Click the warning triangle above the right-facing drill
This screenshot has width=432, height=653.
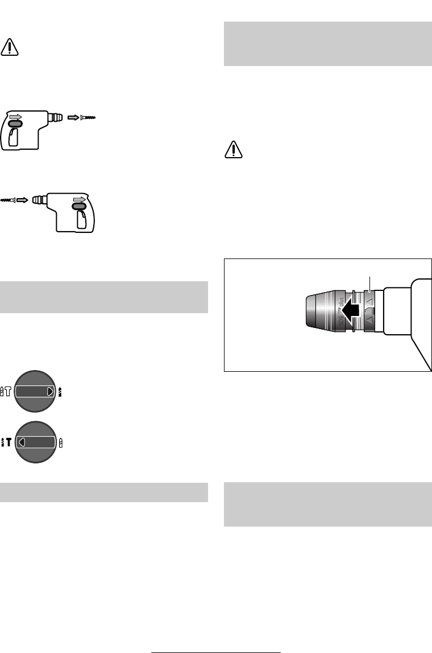pyautogui.click(x=10, y=47)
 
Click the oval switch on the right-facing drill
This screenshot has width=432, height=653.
pyautogui.click(x=15, y=123)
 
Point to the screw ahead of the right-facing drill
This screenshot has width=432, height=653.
pyautogui.click(x=90, y=117)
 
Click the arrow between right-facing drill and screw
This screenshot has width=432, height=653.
pyautogui.click(x=74, y=117)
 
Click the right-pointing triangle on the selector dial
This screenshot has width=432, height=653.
pyautogui.click(x=51, y=391)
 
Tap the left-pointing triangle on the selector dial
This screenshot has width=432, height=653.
pyautogui.click(x=21, y=441)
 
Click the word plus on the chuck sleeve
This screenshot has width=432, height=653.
pyautogui.click(x=340, y=302)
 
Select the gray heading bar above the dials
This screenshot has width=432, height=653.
pyautogui.click(x=103, y=297)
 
